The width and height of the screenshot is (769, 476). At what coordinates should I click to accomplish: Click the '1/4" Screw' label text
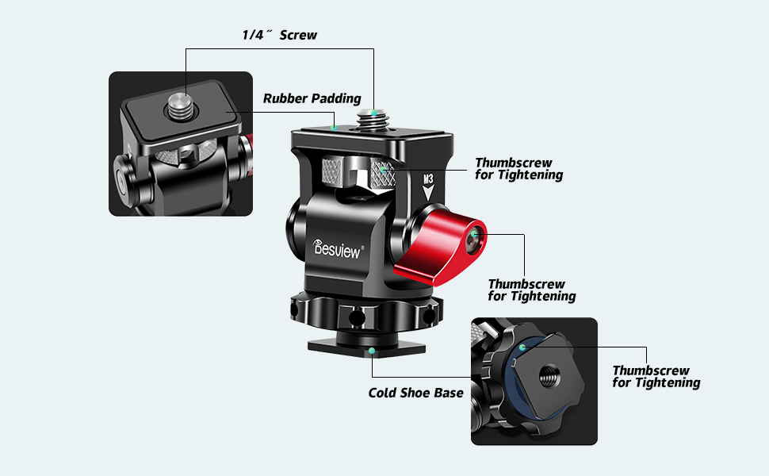tap(279, 36)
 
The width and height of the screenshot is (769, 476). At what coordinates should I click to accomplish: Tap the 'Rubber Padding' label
tap(312, 99)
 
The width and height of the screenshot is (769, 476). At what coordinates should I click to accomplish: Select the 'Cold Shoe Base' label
tap(415, 393)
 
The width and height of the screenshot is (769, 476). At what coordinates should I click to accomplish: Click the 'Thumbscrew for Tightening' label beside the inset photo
tap(656, 377)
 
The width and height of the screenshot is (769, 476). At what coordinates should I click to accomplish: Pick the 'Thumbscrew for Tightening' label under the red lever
tap(531, 290)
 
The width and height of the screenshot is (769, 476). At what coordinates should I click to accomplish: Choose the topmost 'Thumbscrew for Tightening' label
tap(518, 169)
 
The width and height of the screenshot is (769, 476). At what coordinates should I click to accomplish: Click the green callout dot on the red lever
tap(475, 235)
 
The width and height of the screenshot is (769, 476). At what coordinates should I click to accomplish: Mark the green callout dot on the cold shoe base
tap(371, 350)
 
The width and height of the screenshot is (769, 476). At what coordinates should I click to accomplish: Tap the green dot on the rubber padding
tap(335, 127)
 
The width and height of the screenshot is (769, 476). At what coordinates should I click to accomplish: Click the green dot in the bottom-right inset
tap(522, 347)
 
